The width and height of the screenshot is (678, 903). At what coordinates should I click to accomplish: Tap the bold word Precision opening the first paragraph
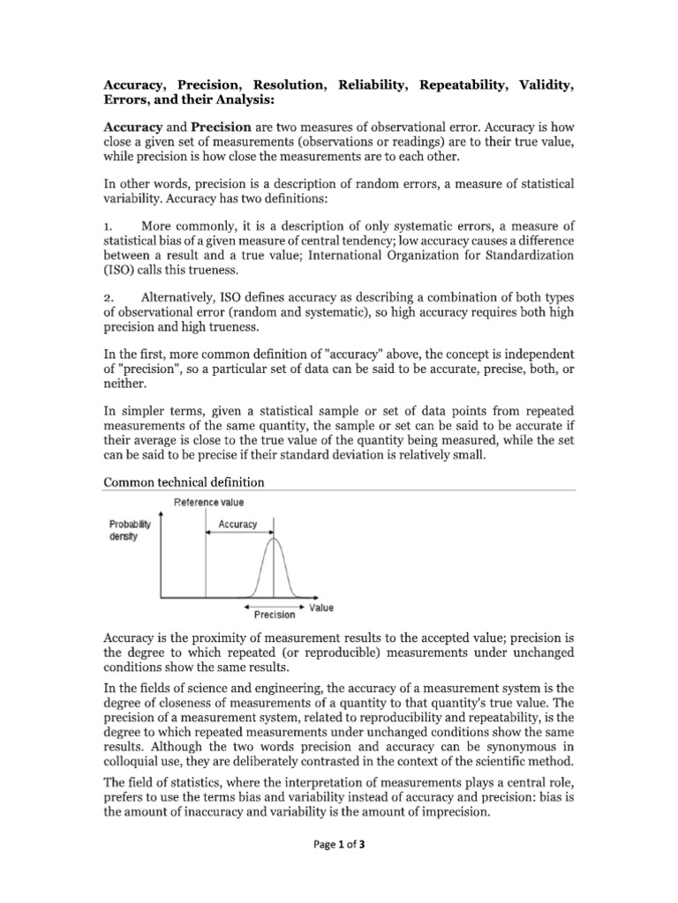[222, 126]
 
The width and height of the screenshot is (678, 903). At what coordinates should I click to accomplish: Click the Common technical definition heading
[185, 482]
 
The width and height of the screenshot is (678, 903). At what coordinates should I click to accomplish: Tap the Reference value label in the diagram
[209, 502]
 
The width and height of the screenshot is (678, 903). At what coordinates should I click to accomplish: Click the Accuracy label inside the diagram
[237, 524]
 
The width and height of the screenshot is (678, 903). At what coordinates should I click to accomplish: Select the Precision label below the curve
[275, 615]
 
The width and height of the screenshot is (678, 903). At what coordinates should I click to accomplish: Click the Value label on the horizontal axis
[321, 608]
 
